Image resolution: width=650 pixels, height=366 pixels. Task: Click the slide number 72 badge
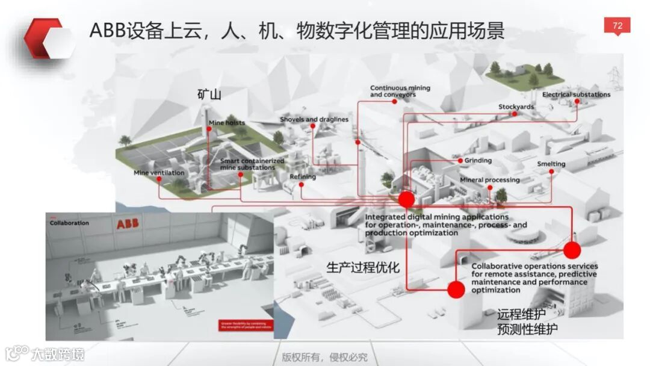tap(617, 25)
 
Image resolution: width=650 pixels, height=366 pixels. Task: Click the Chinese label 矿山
tap(209, 94)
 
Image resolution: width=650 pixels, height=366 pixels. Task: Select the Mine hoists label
tap(227, 123)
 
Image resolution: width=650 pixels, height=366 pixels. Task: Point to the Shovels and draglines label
tap(314, 119)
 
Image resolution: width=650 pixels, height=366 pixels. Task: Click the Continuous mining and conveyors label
tap(400, 91)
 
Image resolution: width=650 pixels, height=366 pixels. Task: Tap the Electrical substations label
tap(576, 95)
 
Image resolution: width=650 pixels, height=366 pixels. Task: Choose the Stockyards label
tap(516, 107)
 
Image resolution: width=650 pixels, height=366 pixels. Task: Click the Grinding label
tap(478, 161)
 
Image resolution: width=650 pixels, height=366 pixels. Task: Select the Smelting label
tap(551, 164)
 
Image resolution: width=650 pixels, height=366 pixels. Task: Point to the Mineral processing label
tap(489, 180)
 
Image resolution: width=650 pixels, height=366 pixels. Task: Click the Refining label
tap(302, 177)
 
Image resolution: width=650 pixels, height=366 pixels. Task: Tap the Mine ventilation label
tap(158, 173)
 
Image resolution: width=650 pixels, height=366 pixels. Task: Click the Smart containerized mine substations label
tap(252, 164)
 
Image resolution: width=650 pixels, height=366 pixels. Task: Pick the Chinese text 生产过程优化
tap(363, 267)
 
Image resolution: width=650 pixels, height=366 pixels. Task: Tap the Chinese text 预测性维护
tap(527, 329)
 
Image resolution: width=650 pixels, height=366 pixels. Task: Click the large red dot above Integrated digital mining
tap(407, 199)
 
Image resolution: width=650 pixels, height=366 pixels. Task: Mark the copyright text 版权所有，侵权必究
tap(324, 356)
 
